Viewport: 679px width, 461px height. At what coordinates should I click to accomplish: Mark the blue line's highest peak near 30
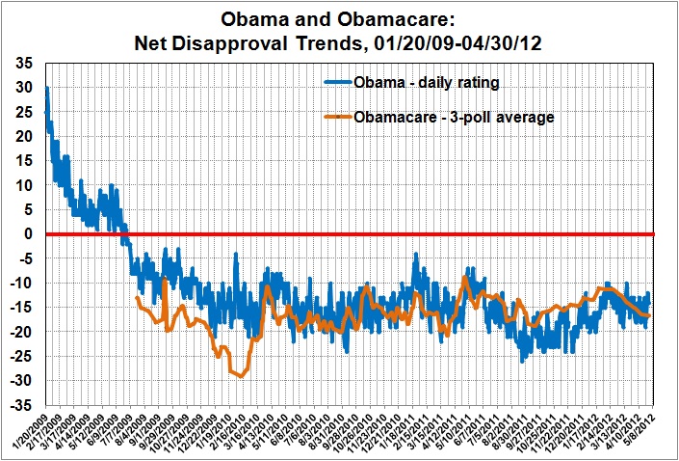point(47,88)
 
